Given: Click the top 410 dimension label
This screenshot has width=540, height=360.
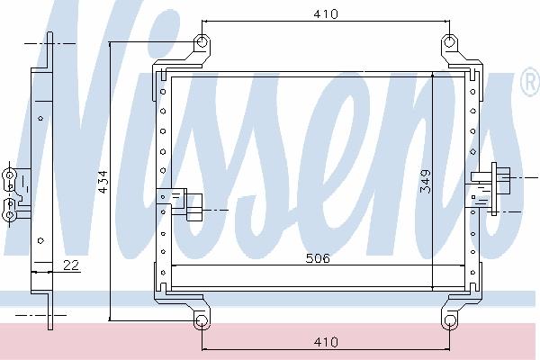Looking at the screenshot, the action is [x=326, y=13].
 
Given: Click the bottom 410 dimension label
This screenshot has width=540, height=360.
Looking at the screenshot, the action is [x=326, y=342].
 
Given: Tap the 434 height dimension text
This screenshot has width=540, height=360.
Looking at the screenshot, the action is [x=103, y=182].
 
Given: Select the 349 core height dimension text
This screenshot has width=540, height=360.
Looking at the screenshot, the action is [x=426, y=181].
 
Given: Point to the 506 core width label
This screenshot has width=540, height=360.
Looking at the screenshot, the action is [x=318, y=258].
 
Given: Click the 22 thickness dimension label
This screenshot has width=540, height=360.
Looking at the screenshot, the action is [x=71, y=265].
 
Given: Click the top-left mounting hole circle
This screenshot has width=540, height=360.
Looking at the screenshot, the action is [x=202, y=42].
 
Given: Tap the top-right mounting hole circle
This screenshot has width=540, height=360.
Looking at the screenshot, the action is [x=449, y=42].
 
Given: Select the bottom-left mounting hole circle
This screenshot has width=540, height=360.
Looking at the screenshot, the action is [x=202, y=321].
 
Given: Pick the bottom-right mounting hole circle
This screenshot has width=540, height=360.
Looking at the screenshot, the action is [x=449, y=320].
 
